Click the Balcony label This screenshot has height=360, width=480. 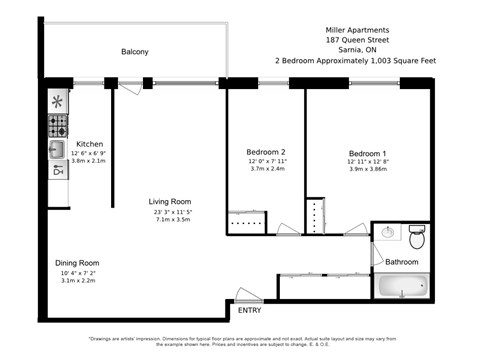(x=135, y=52)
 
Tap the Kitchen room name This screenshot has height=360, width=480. (x=90, y=143)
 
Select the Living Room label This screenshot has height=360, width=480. (x=172, y=201)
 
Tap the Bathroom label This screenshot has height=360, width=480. (x=402, y=262)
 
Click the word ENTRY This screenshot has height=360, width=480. (x=248, y=310)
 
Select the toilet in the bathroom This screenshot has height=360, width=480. (x=418, y=238)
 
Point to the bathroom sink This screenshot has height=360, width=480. (x=388, y=232)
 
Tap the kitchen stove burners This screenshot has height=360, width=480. (x=58, y=125)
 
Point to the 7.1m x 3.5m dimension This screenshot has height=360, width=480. (x=172, y=219)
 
